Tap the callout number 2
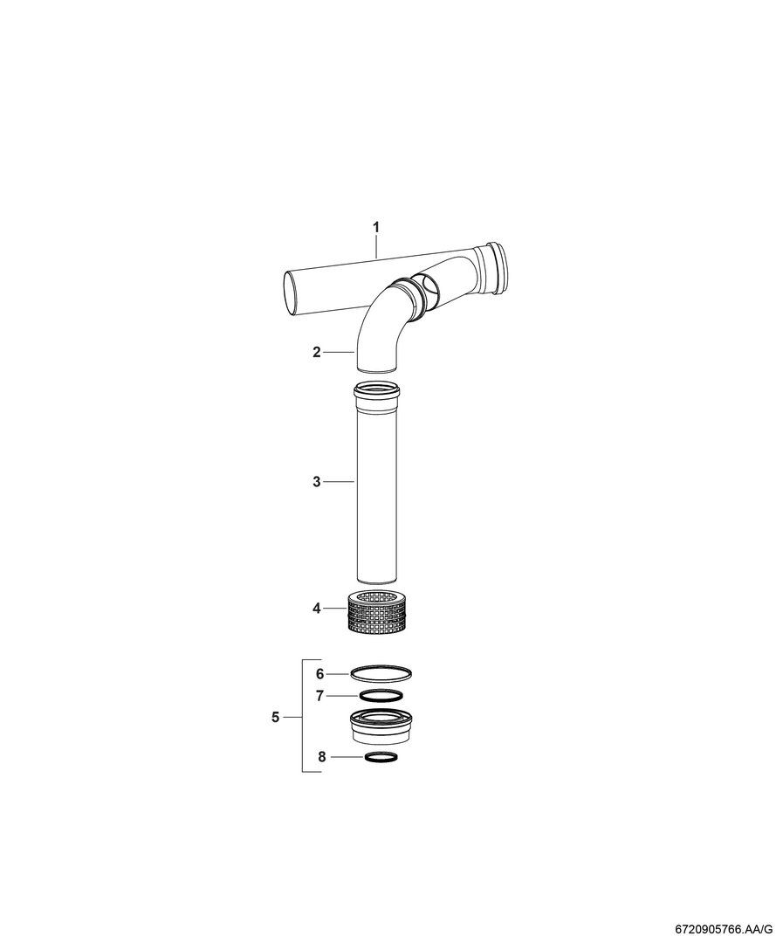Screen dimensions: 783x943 317,352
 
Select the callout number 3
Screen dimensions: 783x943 317,482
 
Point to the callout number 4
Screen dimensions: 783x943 317,609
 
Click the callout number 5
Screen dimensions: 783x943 276,717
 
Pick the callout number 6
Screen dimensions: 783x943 320,674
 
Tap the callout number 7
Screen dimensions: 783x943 320,696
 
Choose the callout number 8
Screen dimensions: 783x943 322,756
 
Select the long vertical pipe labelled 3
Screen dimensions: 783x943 377,482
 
